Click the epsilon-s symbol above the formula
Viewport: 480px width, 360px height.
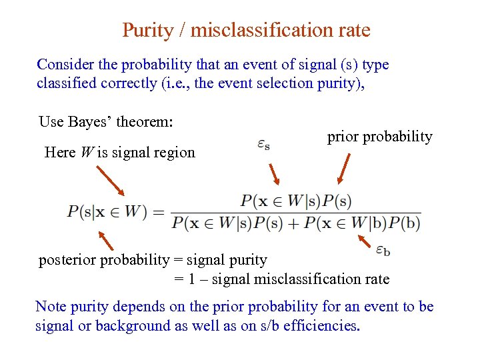pyautogui.click(x=263, y=144)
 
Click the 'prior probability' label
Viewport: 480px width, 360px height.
pyautogui.click(x=379, y=137)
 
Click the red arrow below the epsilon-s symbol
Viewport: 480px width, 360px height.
pyautogui.click(x=274, y=174)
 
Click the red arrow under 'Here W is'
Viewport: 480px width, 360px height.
pyautogui.click(x=111, y=181)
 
